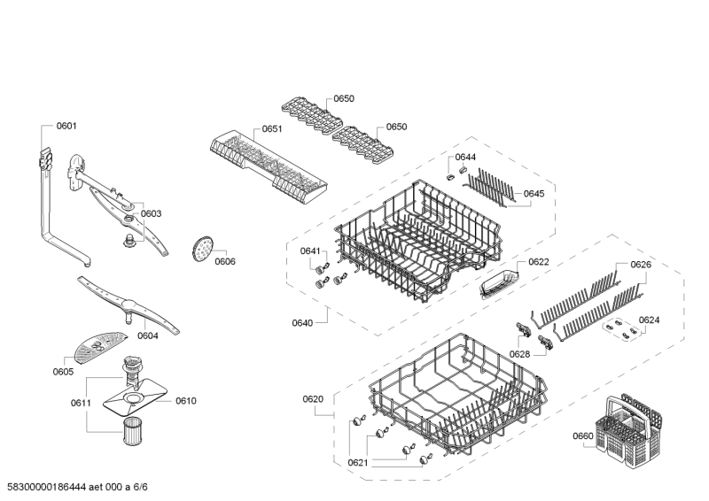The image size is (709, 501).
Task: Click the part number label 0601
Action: [66, 126]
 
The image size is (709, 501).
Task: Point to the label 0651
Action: [272, 129]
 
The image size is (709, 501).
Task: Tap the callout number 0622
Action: [539, 262]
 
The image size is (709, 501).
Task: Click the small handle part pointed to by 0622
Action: [495, 285]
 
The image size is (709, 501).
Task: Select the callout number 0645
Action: [534, 193]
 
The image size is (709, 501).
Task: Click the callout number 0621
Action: [357, 462]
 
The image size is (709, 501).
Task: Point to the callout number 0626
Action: [641, 265]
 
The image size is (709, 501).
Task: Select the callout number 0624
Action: [650, 320]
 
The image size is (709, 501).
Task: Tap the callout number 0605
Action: [63, 372]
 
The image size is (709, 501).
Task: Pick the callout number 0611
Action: [82, 403]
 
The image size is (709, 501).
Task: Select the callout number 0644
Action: [466, 157]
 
